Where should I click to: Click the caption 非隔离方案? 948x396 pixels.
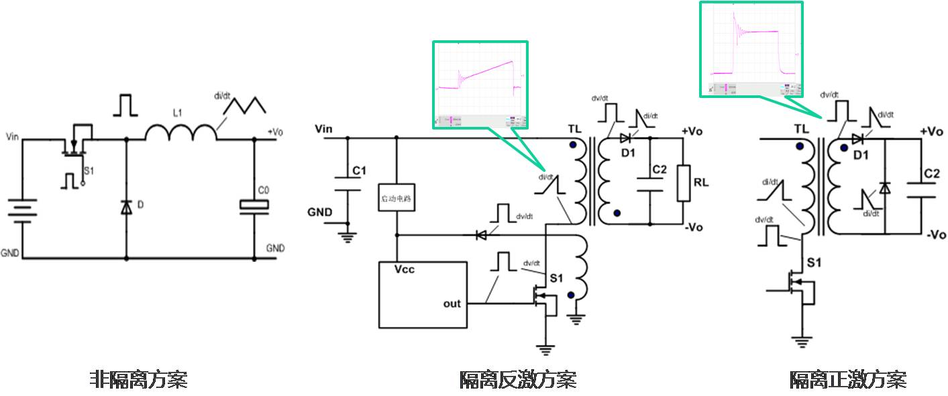(x=138, y=380)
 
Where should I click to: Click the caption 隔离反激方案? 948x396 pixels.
(x=517, y=380)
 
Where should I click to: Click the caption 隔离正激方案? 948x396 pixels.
(x=847, y=380)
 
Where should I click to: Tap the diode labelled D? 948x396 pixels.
(x=126, y=207)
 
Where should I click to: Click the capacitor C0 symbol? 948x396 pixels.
(x=254, y=207)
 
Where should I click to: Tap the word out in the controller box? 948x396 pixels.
(x=452, y=303)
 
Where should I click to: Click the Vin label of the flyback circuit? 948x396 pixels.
(x=324, y=128)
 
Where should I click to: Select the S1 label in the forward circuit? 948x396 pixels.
(x=813, y=262)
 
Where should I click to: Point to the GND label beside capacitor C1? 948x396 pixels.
(x=320, y=212)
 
